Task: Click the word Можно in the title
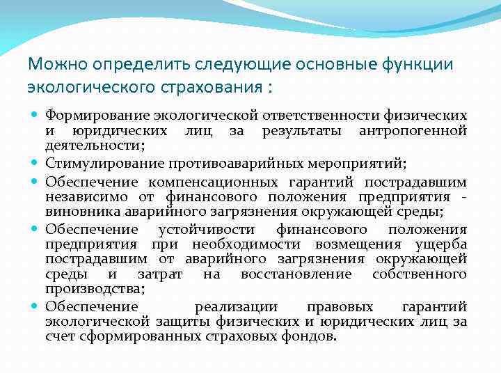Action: coord(53,65)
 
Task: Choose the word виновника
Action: coord(76,211)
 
